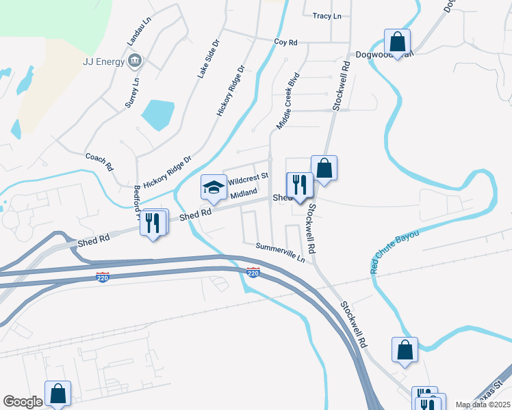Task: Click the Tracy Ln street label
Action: tap(327, 16)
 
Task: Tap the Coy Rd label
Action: tap(286, 42)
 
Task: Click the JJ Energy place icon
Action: tap(135, 61)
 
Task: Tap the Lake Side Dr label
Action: tap(208, 57)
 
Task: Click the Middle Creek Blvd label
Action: tap(288, 101)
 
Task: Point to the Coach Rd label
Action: tap(99, 162)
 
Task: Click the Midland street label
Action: tap(243, 194)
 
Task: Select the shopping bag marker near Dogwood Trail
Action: tap(397, 40)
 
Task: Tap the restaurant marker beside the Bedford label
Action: tap(153, 221)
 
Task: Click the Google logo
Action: tap(23, 402)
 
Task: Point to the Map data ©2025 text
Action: tap(483, 405)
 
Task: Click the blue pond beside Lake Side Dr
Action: tap(158, 114)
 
